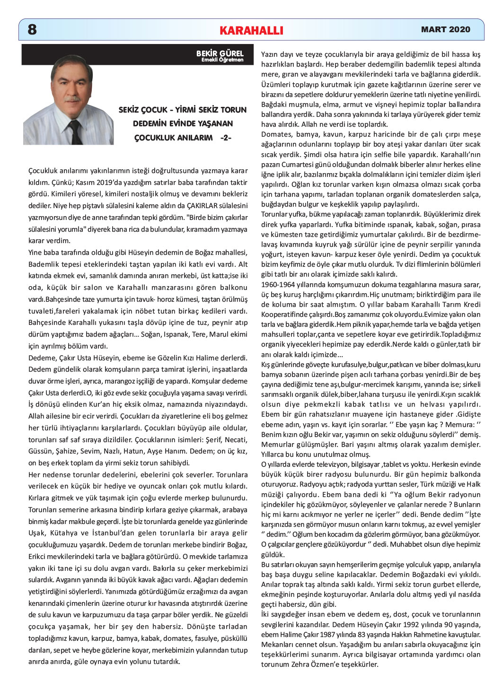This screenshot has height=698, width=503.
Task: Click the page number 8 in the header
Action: click(x=32, y=30)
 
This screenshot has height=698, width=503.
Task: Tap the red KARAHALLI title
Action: click(x=251, y=31)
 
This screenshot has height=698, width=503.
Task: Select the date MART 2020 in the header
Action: click(x=445, y=29)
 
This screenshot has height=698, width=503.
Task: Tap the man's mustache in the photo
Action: click(x=72, y=99)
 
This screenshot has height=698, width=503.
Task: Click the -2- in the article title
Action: click(x=226, y=138)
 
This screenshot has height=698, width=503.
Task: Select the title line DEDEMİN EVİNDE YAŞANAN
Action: click(x=183, y=123)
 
